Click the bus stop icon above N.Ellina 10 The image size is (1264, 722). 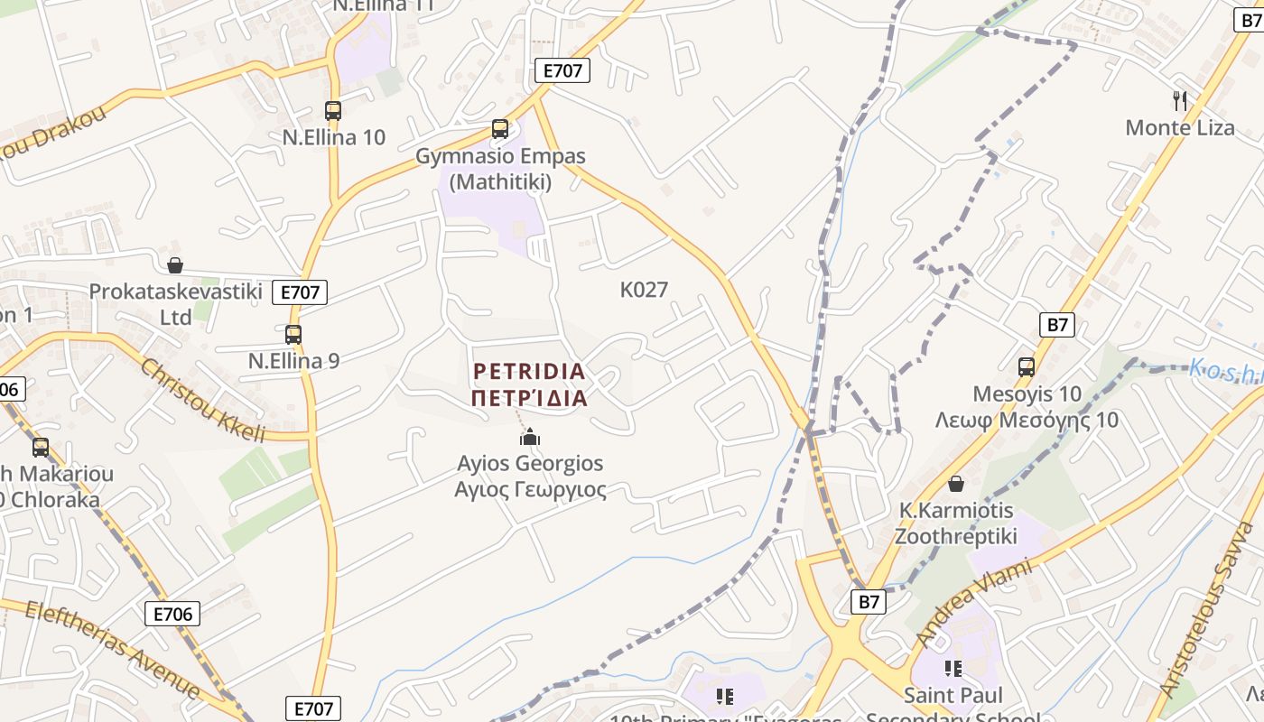coord(333,111)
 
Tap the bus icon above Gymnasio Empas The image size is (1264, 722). coord(500,129)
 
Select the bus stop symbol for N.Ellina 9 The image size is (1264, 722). coord(293,335)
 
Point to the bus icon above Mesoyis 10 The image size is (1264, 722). coord(1027,367)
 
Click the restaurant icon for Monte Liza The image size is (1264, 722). coord(1179,100)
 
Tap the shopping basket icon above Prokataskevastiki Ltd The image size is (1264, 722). coord(175,265)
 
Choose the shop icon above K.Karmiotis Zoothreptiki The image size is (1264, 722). coord(956,485)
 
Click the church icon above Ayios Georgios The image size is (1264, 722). coord(530,438)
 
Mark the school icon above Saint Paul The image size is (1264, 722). coord(953,669)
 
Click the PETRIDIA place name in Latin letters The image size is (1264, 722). coord(529,371)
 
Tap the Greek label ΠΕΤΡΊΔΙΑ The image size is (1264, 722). coord(529,398)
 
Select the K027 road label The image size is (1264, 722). coord(644,290)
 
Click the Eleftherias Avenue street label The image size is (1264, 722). coord(112,649)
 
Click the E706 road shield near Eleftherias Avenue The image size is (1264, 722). coord(172,615)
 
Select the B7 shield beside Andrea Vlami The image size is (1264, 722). coord(869,602)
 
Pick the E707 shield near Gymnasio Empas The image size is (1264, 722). coord(562,70)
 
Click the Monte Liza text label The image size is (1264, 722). coord(1179,127)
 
